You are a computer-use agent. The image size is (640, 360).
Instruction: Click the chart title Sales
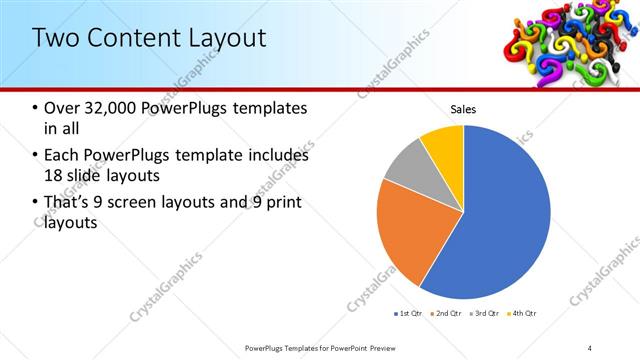[463, 109]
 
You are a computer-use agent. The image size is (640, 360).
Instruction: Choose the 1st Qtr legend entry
[409, 313]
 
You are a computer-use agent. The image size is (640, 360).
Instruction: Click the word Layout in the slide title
[224, 39]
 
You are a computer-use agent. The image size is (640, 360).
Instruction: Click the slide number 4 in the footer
[590, 347]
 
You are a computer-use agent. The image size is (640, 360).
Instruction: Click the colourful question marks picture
[564, 40]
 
